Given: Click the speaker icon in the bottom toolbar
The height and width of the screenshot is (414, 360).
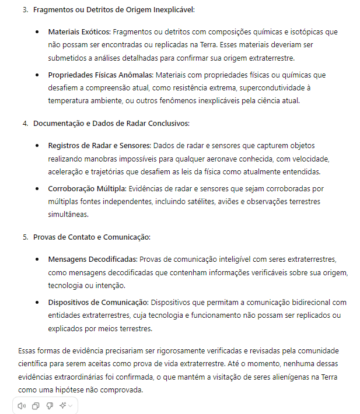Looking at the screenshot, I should coord(22,406).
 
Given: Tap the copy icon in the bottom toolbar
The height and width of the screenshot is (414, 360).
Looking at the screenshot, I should coord(36,406).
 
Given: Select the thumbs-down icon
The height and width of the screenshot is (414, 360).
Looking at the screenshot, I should coord(50,406).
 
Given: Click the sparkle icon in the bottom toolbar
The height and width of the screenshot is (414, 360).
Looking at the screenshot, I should coord(62,406).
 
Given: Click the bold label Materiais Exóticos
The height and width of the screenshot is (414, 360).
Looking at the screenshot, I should coord(79,31).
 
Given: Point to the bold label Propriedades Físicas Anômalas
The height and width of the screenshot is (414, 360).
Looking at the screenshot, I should coord(100,75).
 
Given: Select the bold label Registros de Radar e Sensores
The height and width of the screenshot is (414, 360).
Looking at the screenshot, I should coord(99,145).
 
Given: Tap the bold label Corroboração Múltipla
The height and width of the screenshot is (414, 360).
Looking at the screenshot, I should coord(86,188).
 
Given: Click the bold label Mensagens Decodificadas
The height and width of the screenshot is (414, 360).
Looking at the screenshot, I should coord(93,258).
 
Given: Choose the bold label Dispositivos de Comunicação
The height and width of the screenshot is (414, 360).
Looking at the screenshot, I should coord(98,302).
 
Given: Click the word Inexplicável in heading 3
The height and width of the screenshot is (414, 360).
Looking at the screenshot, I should coord(173,10).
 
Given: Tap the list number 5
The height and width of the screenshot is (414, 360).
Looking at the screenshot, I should coord(25,237).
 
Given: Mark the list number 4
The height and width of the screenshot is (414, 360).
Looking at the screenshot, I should coord(25,124).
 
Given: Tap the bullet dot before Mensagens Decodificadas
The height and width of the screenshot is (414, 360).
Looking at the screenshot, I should coord(37,258).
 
